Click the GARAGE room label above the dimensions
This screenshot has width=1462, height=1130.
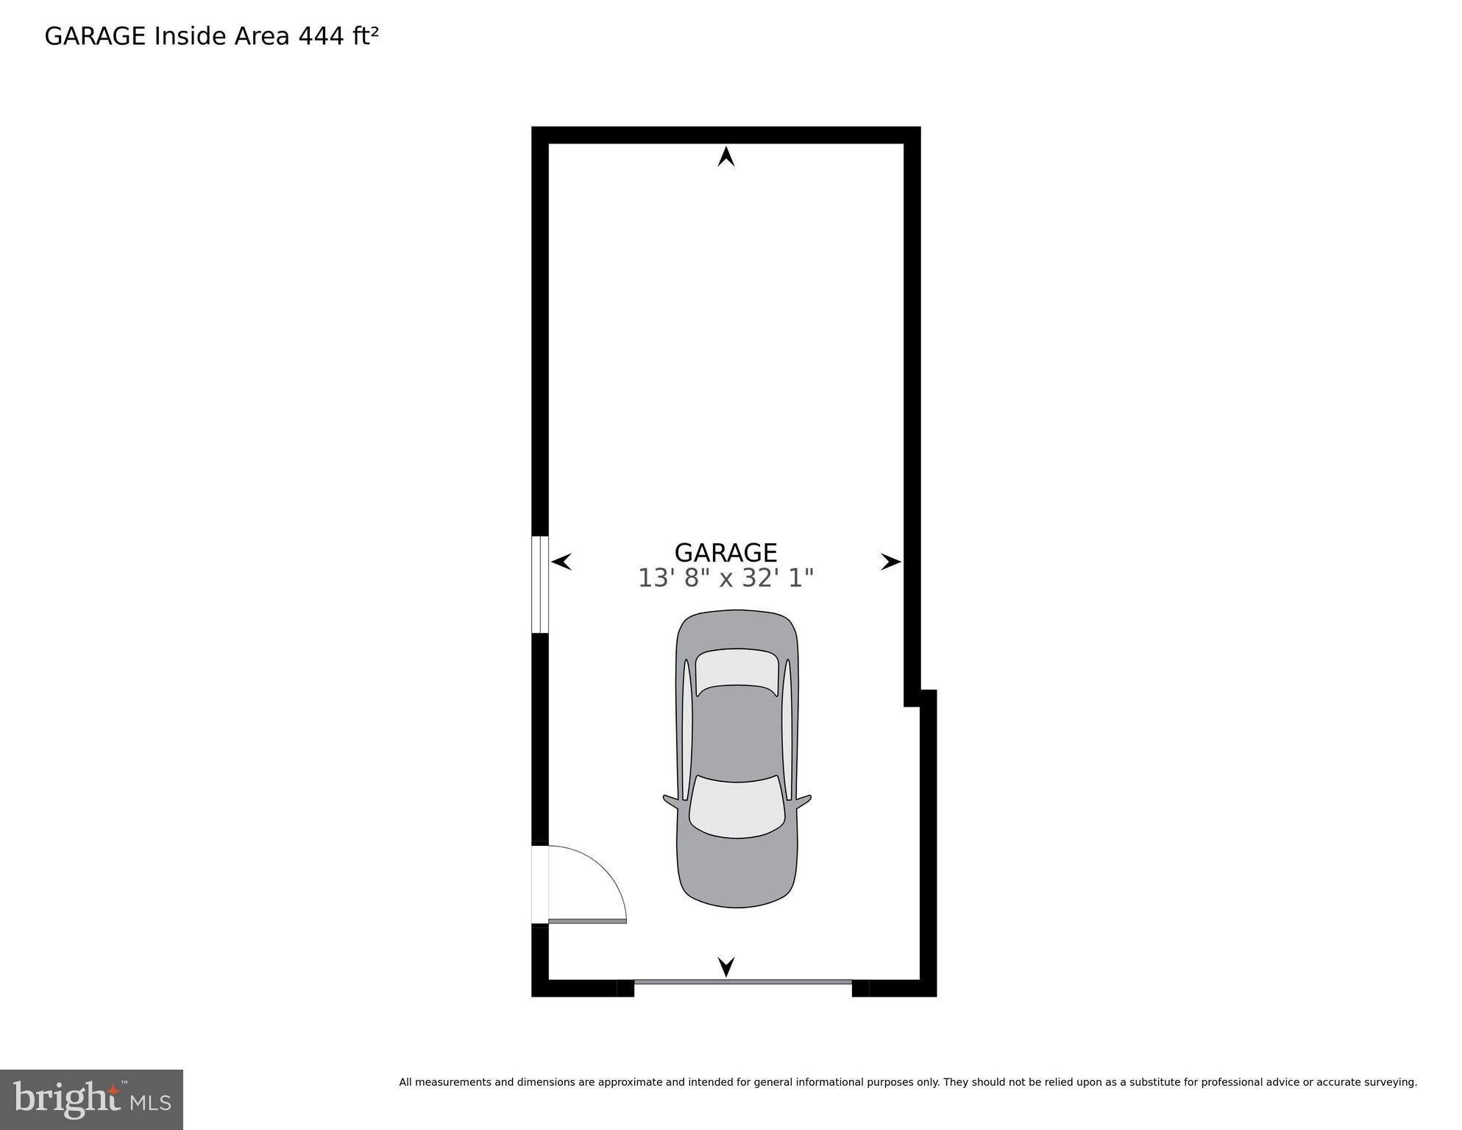725,553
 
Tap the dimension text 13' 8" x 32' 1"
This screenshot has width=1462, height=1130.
725,579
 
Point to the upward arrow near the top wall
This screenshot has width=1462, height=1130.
726,157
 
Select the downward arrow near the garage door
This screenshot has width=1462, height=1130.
726,967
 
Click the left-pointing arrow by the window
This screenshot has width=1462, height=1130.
561,562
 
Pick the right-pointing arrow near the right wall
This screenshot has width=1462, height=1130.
890,562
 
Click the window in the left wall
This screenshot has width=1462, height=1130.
540,585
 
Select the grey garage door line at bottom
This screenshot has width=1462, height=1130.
742,981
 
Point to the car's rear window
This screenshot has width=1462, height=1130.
737,671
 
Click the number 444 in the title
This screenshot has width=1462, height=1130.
322,36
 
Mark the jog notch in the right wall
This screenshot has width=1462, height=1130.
919,698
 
